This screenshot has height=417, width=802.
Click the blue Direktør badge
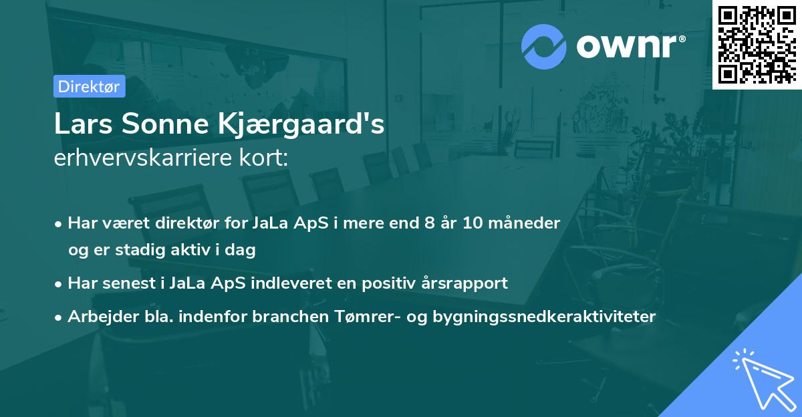89,86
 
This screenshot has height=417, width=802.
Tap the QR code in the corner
757,45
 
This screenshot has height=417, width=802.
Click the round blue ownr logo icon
544,47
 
